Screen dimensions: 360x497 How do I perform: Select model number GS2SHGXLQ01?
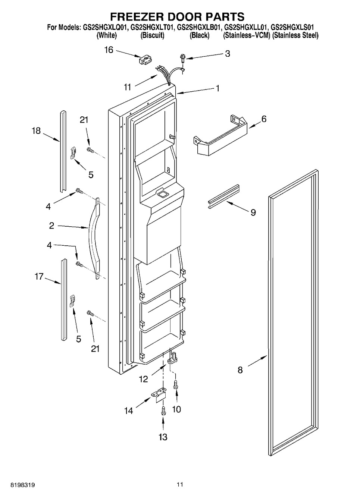point(106,28)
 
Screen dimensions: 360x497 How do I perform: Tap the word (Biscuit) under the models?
point(153,35)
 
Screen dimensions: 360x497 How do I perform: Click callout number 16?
point(109,50)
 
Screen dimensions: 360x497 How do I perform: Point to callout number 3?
point(228,54)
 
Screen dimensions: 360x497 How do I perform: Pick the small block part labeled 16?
point(146,60)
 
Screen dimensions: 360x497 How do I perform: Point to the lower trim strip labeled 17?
point(63,300)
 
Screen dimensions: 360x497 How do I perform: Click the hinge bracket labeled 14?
point(159,395)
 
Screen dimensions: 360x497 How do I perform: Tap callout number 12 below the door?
point(144,379)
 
